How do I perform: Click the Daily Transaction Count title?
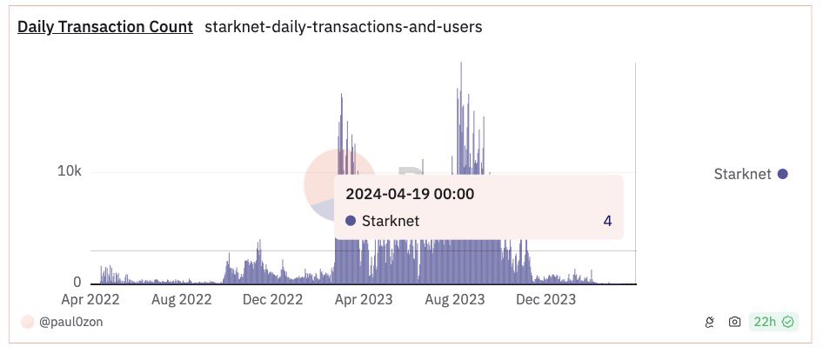tap(105, 27)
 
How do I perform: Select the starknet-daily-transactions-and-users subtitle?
tap(343, 27)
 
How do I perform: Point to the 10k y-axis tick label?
tap(69, 171)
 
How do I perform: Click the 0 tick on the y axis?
tap(77, 283)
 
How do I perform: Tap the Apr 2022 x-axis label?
tap(90, 300)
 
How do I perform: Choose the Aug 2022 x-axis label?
tap(182, 300)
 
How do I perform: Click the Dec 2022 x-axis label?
tap(272, 300)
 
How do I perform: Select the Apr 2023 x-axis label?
tap(364, 300)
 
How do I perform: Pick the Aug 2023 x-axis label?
tap(455, 300)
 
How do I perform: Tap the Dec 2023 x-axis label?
tap(545, 300)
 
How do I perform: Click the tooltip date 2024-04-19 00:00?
tap(410, 194)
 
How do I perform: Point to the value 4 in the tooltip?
tap(607, 221)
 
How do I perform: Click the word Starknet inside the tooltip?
tap(391, 221)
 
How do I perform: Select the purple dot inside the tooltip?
tap(351, 221)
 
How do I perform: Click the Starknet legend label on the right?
tap(742, 174)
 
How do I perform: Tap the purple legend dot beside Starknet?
tap(782, 174)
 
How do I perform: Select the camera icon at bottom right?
tap(735, 322)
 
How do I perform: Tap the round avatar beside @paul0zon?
tap(27, 322)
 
